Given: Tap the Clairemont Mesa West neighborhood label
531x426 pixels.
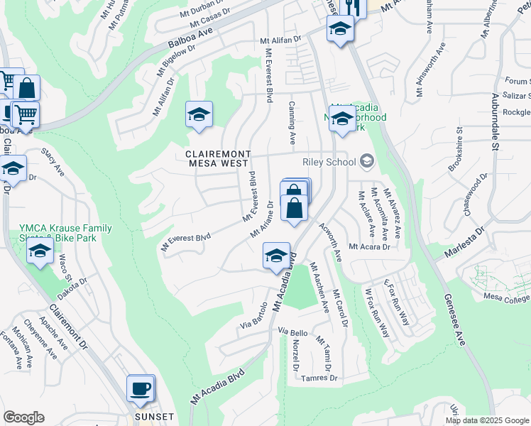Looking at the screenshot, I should click(x=219, y=158).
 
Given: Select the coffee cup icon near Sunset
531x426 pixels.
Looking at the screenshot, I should click(x=140, y=388).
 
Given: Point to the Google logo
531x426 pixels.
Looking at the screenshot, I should click(x=23, y=417).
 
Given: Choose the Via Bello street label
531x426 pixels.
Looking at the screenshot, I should click(x=292, y=332).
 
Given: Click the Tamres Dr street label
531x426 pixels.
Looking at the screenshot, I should click(x=319, y=378).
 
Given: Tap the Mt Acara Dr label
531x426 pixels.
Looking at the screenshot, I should click(x=369, y=246).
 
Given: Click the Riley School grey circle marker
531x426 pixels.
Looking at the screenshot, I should click(x=366, y=161).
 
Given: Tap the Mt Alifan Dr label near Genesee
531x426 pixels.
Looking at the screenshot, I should click(x=281, y=40).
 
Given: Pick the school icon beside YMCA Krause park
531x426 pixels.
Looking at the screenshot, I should click(x=40, y=252).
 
